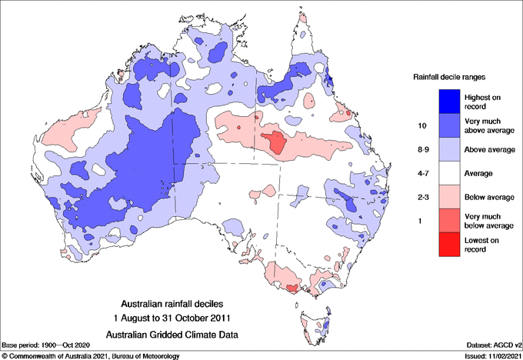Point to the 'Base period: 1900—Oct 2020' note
47,345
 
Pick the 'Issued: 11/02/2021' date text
493,355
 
